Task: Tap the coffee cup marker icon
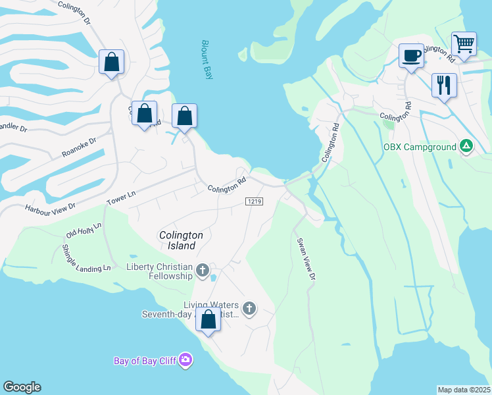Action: point(412,55)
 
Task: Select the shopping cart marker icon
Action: point(464,44)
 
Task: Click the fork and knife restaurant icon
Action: point(444,85)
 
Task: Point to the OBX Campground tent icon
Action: point(466,146)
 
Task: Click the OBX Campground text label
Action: point(420,146)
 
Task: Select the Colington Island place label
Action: point(178,240)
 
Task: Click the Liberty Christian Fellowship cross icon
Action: point(203,270)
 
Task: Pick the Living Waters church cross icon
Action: point(249,307)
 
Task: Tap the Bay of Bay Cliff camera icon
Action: point(186,359)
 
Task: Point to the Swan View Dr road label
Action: point(304,261)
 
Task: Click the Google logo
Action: point(22,387)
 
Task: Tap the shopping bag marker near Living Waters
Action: point(209,320)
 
